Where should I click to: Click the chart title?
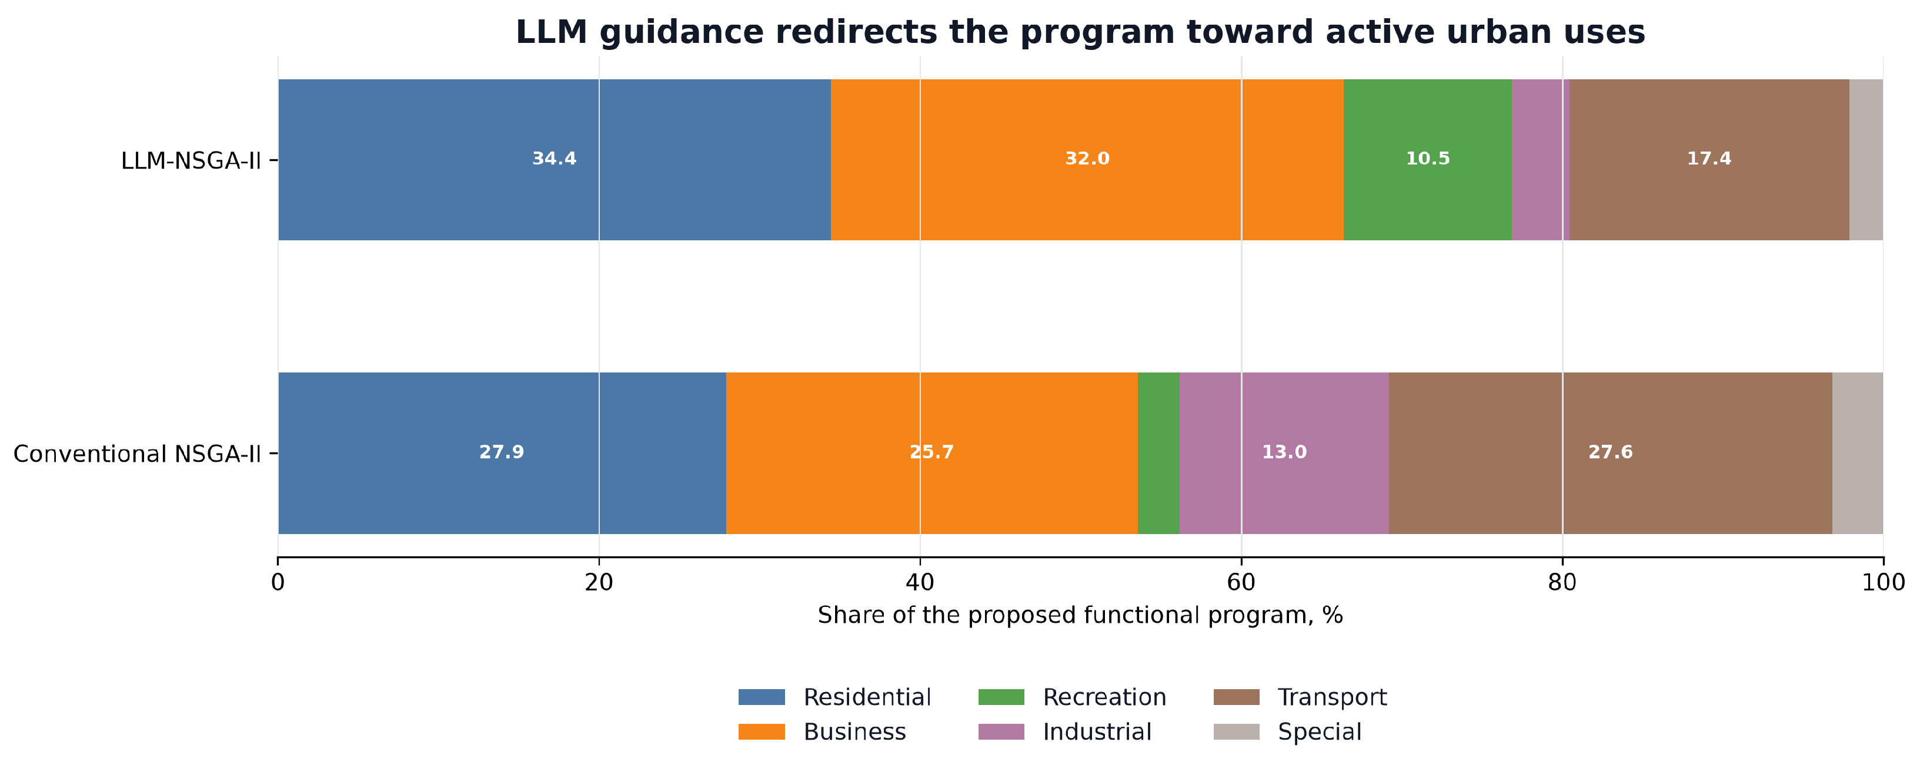tap(1080, 32)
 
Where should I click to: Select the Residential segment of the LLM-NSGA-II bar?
tap(555, 159)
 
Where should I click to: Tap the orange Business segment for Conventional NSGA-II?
tap(931, 453)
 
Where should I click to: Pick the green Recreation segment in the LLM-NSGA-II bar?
tap(1427, 159)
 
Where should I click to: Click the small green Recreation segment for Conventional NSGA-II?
tap(1159, 453)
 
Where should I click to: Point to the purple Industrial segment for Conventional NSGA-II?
tap(1284, 453)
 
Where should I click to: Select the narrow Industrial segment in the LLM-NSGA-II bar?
tap(1541, 159)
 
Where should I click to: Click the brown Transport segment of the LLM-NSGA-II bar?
tap(1709, 159)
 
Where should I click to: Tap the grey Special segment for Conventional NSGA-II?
tap(1858, 453)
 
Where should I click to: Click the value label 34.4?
tap(555, 159)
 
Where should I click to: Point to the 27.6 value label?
tap(1611, 452)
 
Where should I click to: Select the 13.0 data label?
tap(1284, 452)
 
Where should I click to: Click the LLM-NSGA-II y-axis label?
tap(191, 161)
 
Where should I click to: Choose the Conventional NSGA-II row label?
tap(137, 454)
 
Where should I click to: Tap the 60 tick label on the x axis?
tap(1241, 582)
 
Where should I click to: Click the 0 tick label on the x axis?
tap(278, 582)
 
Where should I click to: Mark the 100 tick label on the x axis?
tap(1884, 582)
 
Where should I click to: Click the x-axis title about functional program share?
tap(1080, 615)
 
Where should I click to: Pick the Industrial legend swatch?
tap(1001, 731)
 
